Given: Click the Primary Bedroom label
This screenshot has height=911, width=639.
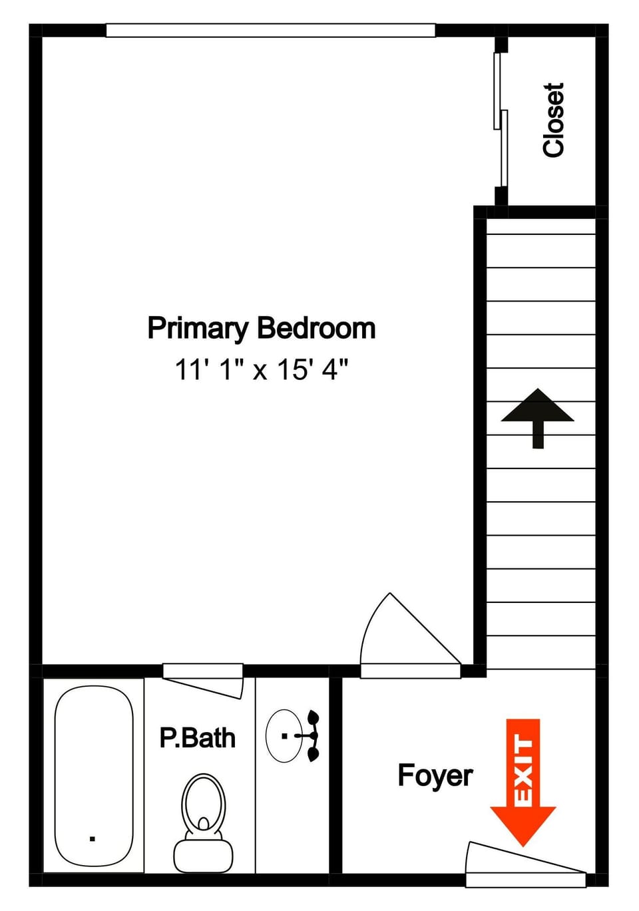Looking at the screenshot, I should [x=261, y=329].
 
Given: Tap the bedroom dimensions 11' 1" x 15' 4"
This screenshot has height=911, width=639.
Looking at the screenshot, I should [x=261, y=369].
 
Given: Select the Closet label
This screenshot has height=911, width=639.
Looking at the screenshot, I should [x=554, y=120].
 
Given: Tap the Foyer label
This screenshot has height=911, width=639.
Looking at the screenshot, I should [x=435, y=776].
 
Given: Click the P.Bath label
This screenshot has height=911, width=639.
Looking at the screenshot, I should [x=197, y=738].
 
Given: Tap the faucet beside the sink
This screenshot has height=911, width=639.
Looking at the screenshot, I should [x=312, y=736].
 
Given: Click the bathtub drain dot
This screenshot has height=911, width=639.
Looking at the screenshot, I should [x=92, y=838].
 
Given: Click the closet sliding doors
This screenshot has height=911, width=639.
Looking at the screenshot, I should [x=501, y=120].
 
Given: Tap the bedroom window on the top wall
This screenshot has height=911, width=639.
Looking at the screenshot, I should [x=270, y=31].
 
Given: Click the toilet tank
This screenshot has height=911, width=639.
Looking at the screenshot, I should [x=204, y=856].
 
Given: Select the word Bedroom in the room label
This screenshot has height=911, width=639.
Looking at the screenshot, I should [x=316, y=329].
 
